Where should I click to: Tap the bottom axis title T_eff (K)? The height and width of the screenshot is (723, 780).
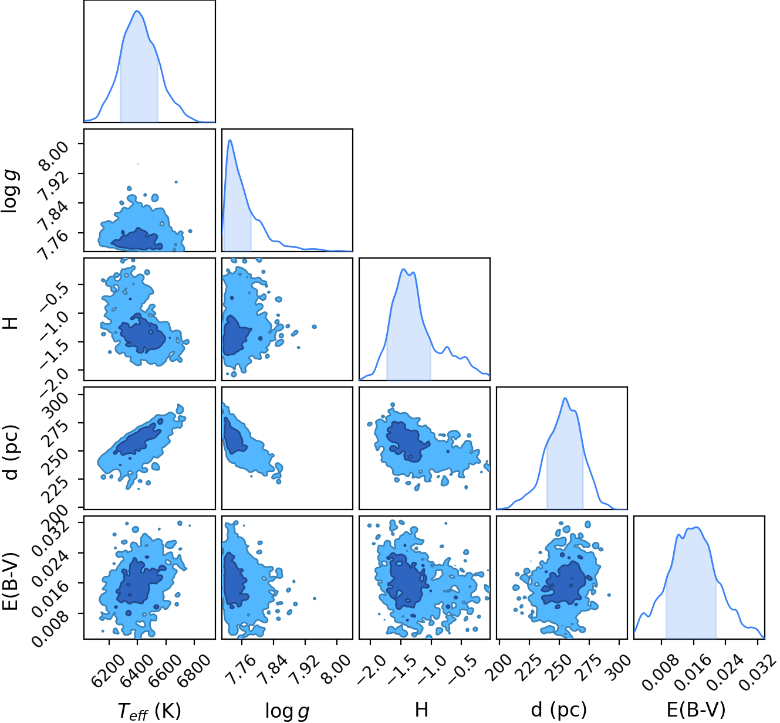click(x=149, y=711)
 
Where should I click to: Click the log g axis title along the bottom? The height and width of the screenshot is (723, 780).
click(x=287, y=711)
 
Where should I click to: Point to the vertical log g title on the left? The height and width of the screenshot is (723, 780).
click(x=9, y=191)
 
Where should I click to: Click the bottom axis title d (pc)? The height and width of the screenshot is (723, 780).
click(x=559, y=710)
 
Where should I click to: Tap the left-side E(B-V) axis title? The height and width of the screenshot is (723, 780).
click(x=11, y=581)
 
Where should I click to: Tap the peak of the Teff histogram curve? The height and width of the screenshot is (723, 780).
click(x=137, y=11)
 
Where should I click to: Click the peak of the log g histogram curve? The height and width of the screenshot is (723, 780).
click(x=230, y=140)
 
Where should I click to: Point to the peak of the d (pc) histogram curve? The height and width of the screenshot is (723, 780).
click(x=565, y=398)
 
